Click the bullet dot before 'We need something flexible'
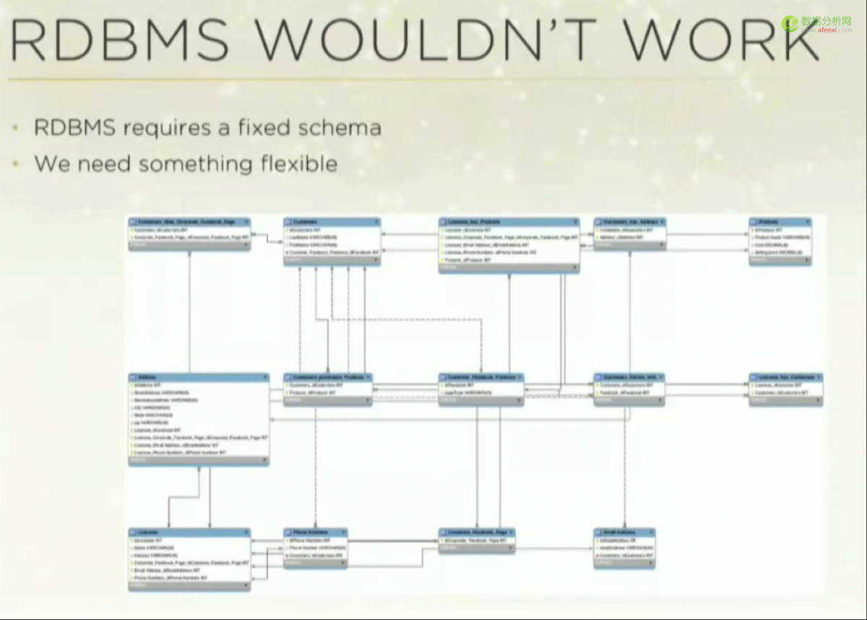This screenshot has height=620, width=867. click(16, 163)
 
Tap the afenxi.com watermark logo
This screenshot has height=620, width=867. click(824, 25)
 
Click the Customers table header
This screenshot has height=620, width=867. click(332, 222)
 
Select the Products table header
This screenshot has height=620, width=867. click(780, 222)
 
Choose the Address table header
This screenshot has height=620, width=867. click(198, 377)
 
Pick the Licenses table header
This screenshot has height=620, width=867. click(189, 533)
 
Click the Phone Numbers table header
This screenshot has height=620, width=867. click(315, 533)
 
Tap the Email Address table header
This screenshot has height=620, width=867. click(624, 533)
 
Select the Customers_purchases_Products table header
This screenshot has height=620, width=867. click(328, 377)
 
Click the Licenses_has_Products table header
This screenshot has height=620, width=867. click(509, 222)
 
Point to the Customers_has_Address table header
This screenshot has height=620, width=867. click(629, 222)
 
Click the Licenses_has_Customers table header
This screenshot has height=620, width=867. click(785, 377)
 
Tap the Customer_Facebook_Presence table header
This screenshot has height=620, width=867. click(480, 377)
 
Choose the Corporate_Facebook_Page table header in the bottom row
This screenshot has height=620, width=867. click(477, 533)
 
